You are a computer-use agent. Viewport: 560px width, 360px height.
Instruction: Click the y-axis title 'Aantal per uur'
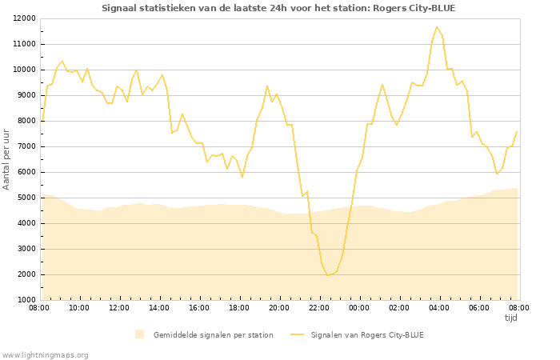7,158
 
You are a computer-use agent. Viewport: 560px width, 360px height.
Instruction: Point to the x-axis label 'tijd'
510,318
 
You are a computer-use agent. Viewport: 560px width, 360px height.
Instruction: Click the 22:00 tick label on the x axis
319,308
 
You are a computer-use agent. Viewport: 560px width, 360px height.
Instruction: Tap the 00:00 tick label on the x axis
359,308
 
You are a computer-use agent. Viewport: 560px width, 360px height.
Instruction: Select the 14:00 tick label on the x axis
159,308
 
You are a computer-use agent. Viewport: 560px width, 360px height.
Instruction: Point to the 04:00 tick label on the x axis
439,308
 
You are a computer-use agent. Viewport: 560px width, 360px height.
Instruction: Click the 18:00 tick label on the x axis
239,308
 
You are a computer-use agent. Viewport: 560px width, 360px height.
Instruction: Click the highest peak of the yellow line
437,27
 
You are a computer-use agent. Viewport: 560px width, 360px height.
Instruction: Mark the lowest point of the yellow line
327,275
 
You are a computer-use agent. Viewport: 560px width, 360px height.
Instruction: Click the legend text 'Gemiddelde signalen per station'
213,335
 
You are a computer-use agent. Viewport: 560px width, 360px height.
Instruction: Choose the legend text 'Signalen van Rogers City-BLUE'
367,335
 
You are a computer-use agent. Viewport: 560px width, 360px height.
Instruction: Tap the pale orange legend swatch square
140,334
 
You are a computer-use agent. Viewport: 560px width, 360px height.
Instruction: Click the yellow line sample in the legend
298,335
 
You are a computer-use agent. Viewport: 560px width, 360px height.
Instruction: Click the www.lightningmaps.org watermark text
46,354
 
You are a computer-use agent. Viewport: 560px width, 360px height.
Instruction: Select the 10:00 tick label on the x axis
79,308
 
